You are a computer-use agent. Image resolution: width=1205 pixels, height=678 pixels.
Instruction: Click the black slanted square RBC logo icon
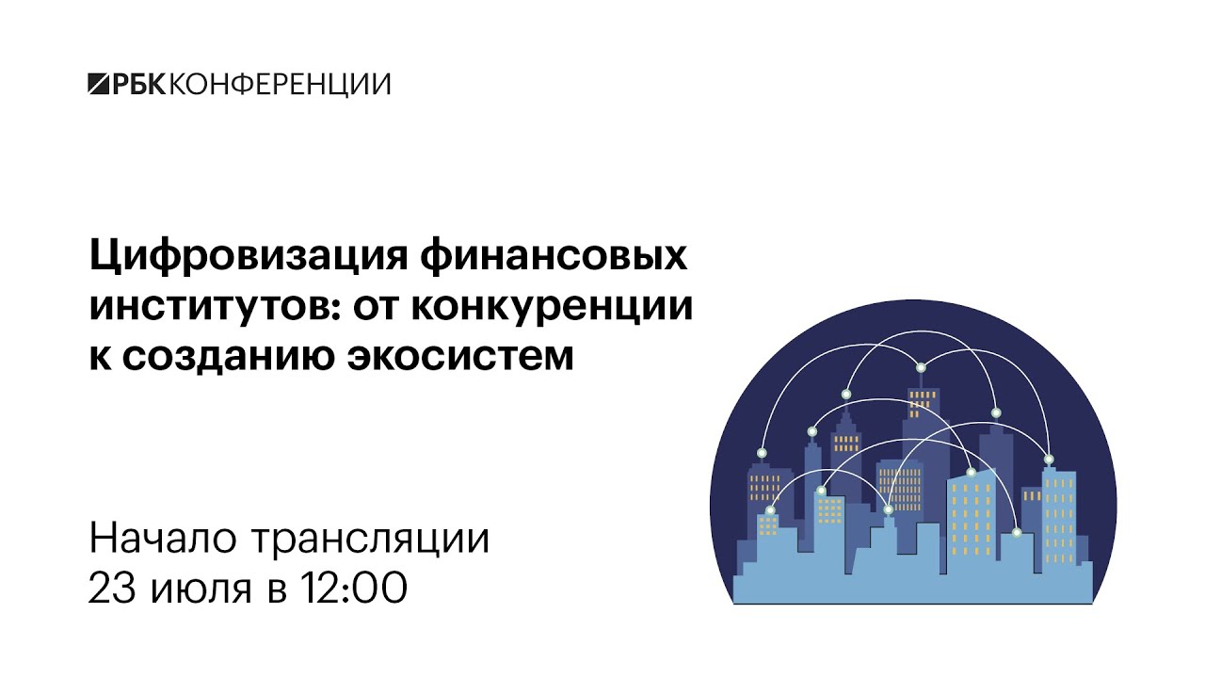pyautogui.click(x=100, y=84)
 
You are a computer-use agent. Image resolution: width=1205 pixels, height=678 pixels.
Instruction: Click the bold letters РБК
pyautogui.click(x=139, y=84)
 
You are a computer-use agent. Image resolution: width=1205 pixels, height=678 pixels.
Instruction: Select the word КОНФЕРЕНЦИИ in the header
pyautogui.click(x=281, y=85)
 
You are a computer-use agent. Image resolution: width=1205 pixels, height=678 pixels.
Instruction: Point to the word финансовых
pyautogui.click(x=554, y=257)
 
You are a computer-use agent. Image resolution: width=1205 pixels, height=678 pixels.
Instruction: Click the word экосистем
pyautogui.click(x=460, y=356)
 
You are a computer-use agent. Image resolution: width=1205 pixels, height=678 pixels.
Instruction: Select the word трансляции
pyautogui.click(x=371, y=541)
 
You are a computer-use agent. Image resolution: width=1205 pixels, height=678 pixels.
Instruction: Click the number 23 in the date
pyautogui.click(x=112, y=588)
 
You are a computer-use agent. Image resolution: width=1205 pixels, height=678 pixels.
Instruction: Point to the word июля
pyautogui.click(x=201, y=589)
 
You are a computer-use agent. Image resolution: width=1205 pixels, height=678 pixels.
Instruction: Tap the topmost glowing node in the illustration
pyautogui.click(x=921, y=368)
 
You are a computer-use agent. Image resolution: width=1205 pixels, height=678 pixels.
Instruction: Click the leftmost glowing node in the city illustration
pyautogui.click(x=762, y=453)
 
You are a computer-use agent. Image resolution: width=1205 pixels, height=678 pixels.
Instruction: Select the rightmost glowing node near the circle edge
pyautogui.click(x=1049, y=460)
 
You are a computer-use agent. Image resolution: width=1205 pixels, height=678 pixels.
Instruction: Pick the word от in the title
pyautogui.click(x=376, y=308)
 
